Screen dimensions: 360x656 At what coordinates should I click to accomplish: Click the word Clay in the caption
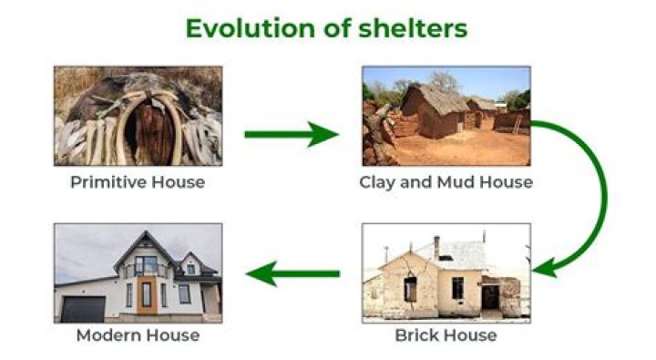(x=376, y=182)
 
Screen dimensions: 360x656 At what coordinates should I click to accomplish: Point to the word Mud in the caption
(x=448, y=182)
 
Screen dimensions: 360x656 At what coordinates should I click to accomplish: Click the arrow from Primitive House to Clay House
(x=292, y=135)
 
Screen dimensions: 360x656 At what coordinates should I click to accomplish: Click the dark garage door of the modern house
(x=83, y=308)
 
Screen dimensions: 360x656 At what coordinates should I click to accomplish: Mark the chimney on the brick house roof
(x=436, y=247)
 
